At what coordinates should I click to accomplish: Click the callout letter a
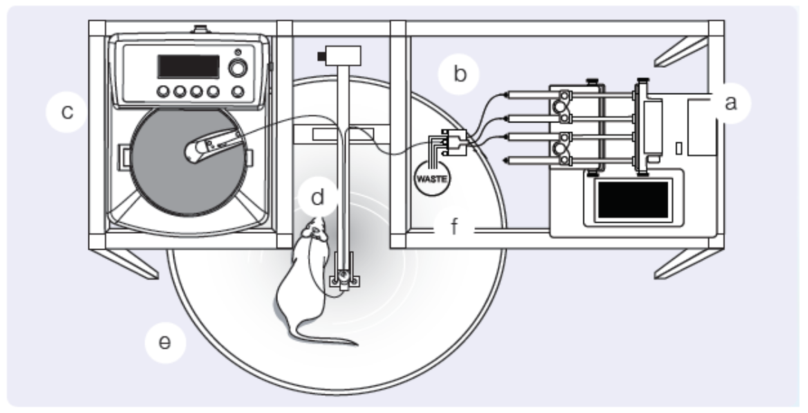[x=726, y=103]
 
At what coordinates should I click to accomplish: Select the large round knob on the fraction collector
[x=238, y=68]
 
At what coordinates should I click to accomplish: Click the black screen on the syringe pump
[x=632, y=200]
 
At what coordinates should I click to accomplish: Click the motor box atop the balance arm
[x=341, y=54]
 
